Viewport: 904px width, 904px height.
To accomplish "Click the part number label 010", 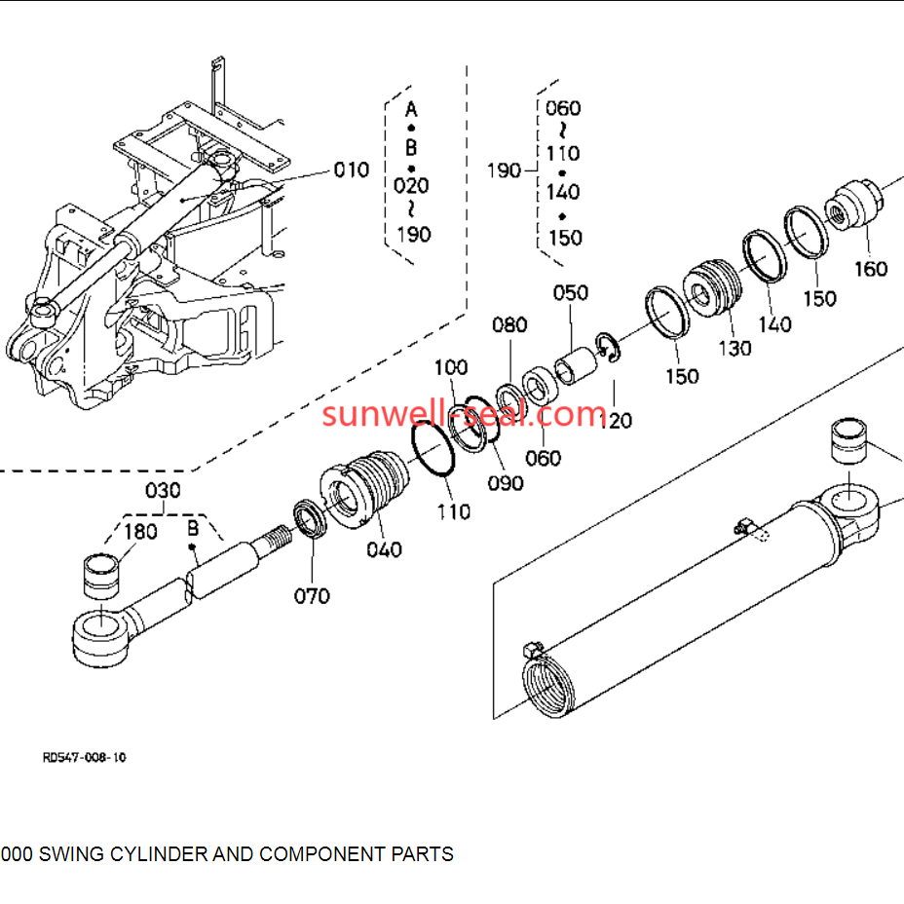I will tap(352, 170).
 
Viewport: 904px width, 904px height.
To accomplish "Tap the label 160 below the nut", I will tap(870, 268).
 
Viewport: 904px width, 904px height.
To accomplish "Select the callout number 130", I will tap(735, 348).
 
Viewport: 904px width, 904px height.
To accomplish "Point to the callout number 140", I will tap(774, 324).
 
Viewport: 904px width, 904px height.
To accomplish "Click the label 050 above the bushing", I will tap(571, 292).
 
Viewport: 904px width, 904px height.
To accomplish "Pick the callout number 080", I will tap(508, 324).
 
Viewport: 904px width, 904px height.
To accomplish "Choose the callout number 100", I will tap(451, 367).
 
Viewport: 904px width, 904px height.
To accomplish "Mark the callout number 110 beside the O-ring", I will tap(453, 510).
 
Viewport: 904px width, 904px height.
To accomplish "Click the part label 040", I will tap(384, 549).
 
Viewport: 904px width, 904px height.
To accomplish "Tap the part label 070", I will tap(312, 595).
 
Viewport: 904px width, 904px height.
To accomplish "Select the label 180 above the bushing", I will tap(140, 531).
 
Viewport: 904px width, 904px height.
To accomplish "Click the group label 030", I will tap(163, 489).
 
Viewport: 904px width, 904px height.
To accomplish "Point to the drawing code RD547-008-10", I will tap(84, 756).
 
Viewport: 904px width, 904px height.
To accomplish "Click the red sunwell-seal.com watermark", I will tap(465, 414).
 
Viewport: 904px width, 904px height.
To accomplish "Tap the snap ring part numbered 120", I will tap(608, 349).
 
